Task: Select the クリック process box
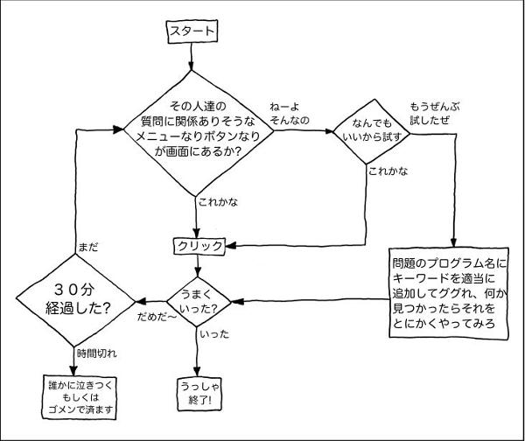click(x=200, y=246)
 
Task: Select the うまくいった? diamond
click(x=199, y=300)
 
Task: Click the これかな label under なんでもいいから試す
click(x=388, y=170)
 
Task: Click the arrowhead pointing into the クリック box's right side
click(x=231, y=246)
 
